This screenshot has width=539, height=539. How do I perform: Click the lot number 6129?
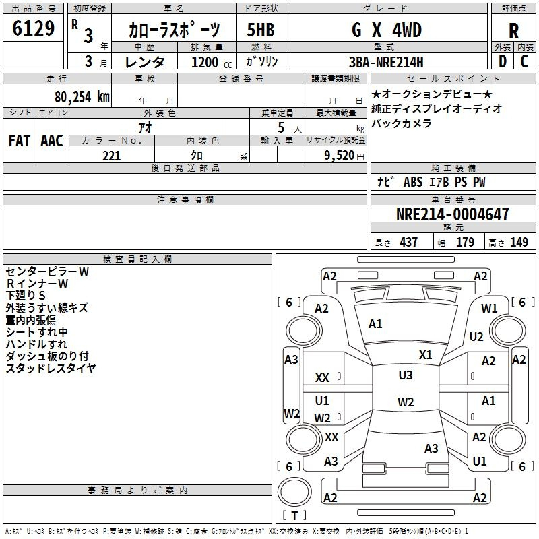[x=33, y=28]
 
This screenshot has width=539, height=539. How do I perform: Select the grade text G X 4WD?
[x=387, y=30]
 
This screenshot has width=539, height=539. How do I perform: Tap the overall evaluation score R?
[x=513, y=31]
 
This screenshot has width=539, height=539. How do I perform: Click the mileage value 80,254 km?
[x=82, y=97]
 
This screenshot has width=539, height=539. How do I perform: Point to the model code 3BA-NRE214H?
[x=386, y=62]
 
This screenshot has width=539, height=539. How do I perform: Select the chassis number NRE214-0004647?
[x=452, y=214]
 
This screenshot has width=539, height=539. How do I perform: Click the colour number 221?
[x=111, y=156]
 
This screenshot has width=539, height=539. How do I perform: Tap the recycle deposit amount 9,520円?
[x=344, y=156]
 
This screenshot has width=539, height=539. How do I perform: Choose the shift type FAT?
[x=20, y=141]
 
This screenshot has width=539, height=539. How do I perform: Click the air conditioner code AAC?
[x=52, y=141]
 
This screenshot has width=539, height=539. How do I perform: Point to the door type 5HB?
[x=261, y=30]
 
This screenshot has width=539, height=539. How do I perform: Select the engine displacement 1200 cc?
[x=212, y=62]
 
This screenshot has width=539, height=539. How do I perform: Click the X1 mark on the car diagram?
[x=425, y=355]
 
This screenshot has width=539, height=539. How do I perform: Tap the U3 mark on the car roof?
[x=406, y=375]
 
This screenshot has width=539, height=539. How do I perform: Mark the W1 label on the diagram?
[x=489, y=309]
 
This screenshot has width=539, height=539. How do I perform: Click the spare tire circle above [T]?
[x=294, y=491]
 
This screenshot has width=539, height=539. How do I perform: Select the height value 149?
[x=519, y=242]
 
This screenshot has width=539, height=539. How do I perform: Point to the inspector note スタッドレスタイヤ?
[x=51, y=368]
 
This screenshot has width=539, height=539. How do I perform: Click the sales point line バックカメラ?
[x=401, y=123]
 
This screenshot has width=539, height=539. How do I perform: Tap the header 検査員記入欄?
[x=137, y=259]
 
